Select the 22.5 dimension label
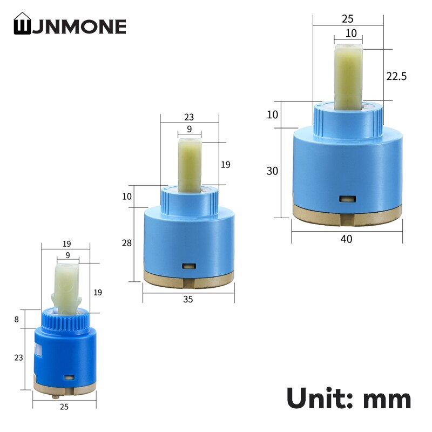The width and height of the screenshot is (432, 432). click(x=396, y=76)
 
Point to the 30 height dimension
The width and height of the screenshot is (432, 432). click(x=272, y=171)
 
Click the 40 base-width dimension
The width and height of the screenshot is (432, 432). click(x=346, y=239)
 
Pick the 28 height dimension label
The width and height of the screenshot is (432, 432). click(x=127, y=244)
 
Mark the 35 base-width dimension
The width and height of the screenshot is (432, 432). click(x=188, y=299)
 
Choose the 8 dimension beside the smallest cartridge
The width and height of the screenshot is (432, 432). click(x=17, y=319)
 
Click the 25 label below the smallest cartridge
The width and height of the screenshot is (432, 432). click(x=64, y=407)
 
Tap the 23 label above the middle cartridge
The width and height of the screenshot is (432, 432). click(x=189, y=117)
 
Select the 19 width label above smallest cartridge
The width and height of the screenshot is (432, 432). click(x=66, y=244)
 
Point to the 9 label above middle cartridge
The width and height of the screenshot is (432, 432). click(x=189, y=129)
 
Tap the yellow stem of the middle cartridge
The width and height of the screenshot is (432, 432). click(x=190, y=164)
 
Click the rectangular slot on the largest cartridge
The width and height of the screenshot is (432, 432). click(x=346, y=199)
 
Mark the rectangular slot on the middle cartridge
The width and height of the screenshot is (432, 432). click(x=188, y=266)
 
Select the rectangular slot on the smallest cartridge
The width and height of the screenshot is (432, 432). click(x=69, y=377)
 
